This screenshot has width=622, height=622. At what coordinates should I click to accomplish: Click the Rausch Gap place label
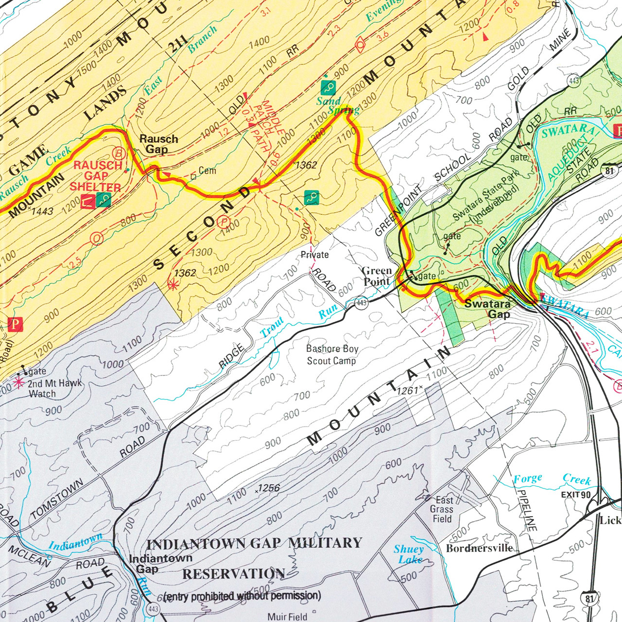158,144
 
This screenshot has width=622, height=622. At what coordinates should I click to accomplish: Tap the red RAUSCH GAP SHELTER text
96,175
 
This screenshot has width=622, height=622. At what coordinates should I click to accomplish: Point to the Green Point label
377,276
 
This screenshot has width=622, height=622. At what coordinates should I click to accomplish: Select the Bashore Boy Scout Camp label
332,355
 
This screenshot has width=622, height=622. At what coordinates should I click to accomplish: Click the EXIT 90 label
575,495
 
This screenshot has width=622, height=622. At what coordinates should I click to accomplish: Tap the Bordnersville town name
479,548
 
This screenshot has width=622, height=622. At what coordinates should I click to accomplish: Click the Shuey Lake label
409,554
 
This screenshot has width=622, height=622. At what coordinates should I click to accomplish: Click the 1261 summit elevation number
407,391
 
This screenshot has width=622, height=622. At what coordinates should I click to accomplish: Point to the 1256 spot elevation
268,488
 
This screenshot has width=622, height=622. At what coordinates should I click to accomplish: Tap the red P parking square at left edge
15,324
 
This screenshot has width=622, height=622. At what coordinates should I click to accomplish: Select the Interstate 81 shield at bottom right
589,599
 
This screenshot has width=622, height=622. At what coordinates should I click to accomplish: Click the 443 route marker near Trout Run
362,303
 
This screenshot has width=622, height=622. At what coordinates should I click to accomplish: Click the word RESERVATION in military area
233,573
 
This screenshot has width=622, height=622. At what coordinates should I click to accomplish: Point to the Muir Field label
287,617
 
